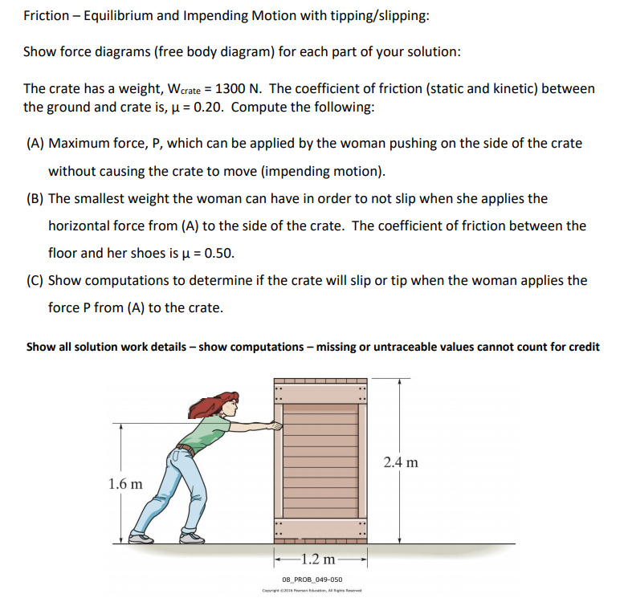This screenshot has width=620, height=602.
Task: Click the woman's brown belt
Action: tap(186, 449)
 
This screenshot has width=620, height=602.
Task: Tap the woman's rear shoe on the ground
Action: tap(142, 540)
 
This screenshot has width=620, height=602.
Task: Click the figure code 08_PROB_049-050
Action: tap(312, 580)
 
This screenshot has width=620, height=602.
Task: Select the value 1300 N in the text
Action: tap(240, 88)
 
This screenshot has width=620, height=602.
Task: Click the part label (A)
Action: tap(35, 144)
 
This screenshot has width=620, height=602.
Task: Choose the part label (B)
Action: tap(35, 198)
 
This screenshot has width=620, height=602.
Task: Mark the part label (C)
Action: tap(35, 281)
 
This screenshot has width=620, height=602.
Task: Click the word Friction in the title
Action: tap(47, 15)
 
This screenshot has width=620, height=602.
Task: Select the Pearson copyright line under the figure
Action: tap(312, 592)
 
